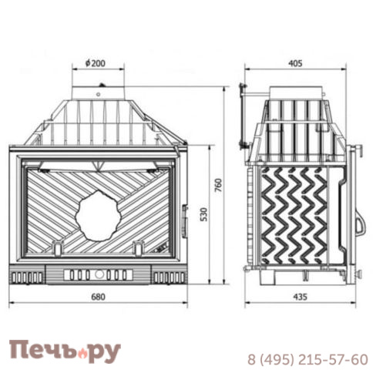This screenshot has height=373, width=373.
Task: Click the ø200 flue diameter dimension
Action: (x=96, y=63)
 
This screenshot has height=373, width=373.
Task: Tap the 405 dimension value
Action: (x=295, y=63)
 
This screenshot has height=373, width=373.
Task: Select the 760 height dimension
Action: (x=218, y=185)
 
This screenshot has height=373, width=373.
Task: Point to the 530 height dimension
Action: (x=203, y=214)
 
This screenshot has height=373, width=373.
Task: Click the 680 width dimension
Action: (x=98, y=297)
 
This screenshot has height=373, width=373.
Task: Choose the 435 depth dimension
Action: (x=300, y=297)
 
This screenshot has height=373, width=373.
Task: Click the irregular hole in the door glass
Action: (x=98, y=216)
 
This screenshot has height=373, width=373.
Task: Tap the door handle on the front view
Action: (x=185, y=220)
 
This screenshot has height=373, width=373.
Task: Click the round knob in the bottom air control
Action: (x=99, y=274)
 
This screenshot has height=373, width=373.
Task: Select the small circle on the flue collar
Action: (x=98, y=95)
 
